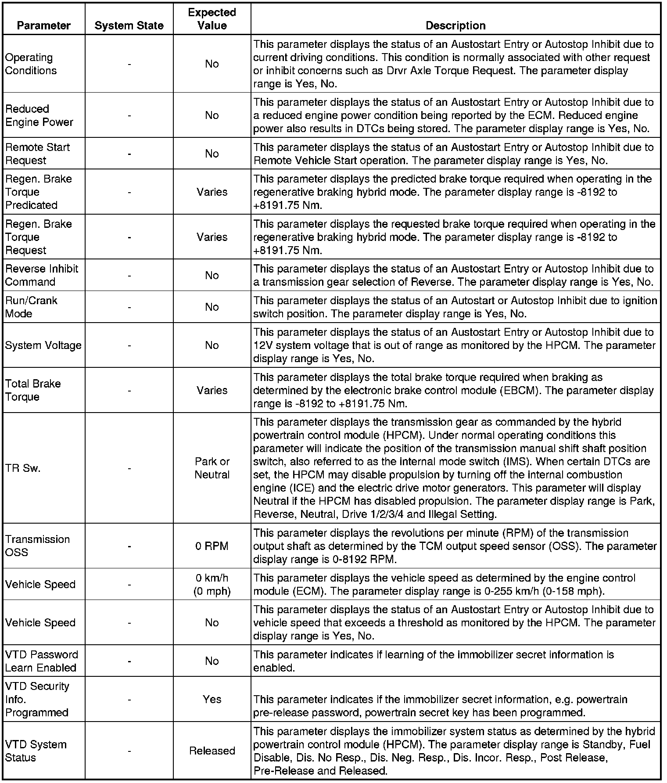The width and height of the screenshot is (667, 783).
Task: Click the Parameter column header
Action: [43, 25]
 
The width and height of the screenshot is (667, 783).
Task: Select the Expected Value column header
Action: [212, 19]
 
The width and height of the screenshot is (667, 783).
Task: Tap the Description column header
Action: [455, 25]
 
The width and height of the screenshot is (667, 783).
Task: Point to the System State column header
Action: [129, 25]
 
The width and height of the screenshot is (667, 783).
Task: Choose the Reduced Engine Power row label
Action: [39, 115]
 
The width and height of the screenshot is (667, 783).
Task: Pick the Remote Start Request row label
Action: [37, 154]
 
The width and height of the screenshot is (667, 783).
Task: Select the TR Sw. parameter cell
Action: [23, 468]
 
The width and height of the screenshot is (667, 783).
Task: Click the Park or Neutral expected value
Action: [212, 468]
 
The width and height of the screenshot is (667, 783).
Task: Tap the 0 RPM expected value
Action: [212, 546]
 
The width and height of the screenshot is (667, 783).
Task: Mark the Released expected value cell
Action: [212, 751]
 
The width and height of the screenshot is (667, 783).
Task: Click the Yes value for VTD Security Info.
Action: [212, 699]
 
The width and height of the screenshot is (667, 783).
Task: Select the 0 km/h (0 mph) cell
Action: [212, 585]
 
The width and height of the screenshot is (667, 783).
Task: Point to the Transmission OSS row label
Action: [37, 546]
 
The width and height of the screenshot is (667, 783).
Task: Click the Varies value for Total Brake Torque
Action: [212, 390]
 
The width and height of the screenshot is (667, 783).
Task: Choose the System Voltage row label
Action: [43, 345]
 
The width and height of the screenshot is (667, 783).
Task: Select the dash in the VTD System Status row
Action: [129, 751]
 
